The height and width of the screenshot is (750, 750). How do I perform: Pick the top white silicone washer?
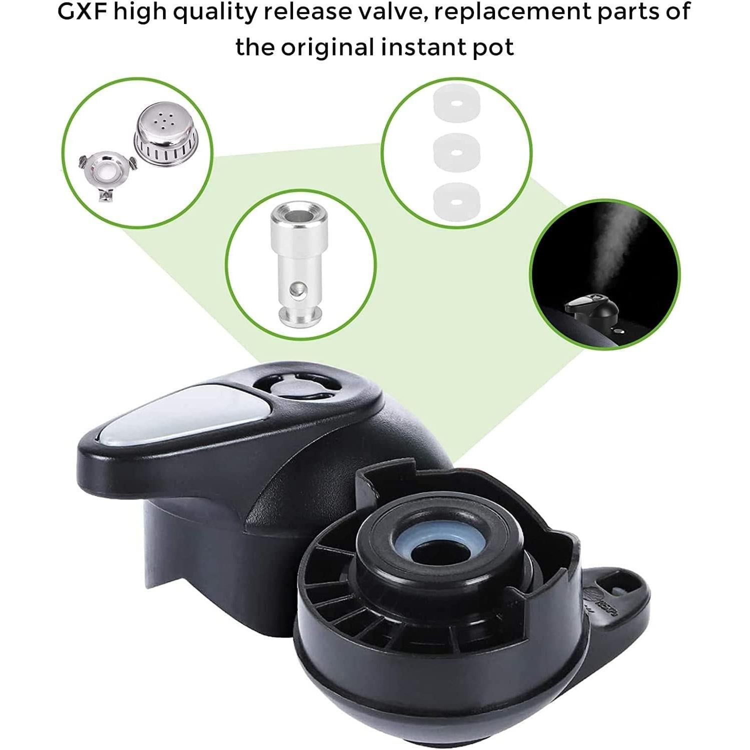456,103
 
